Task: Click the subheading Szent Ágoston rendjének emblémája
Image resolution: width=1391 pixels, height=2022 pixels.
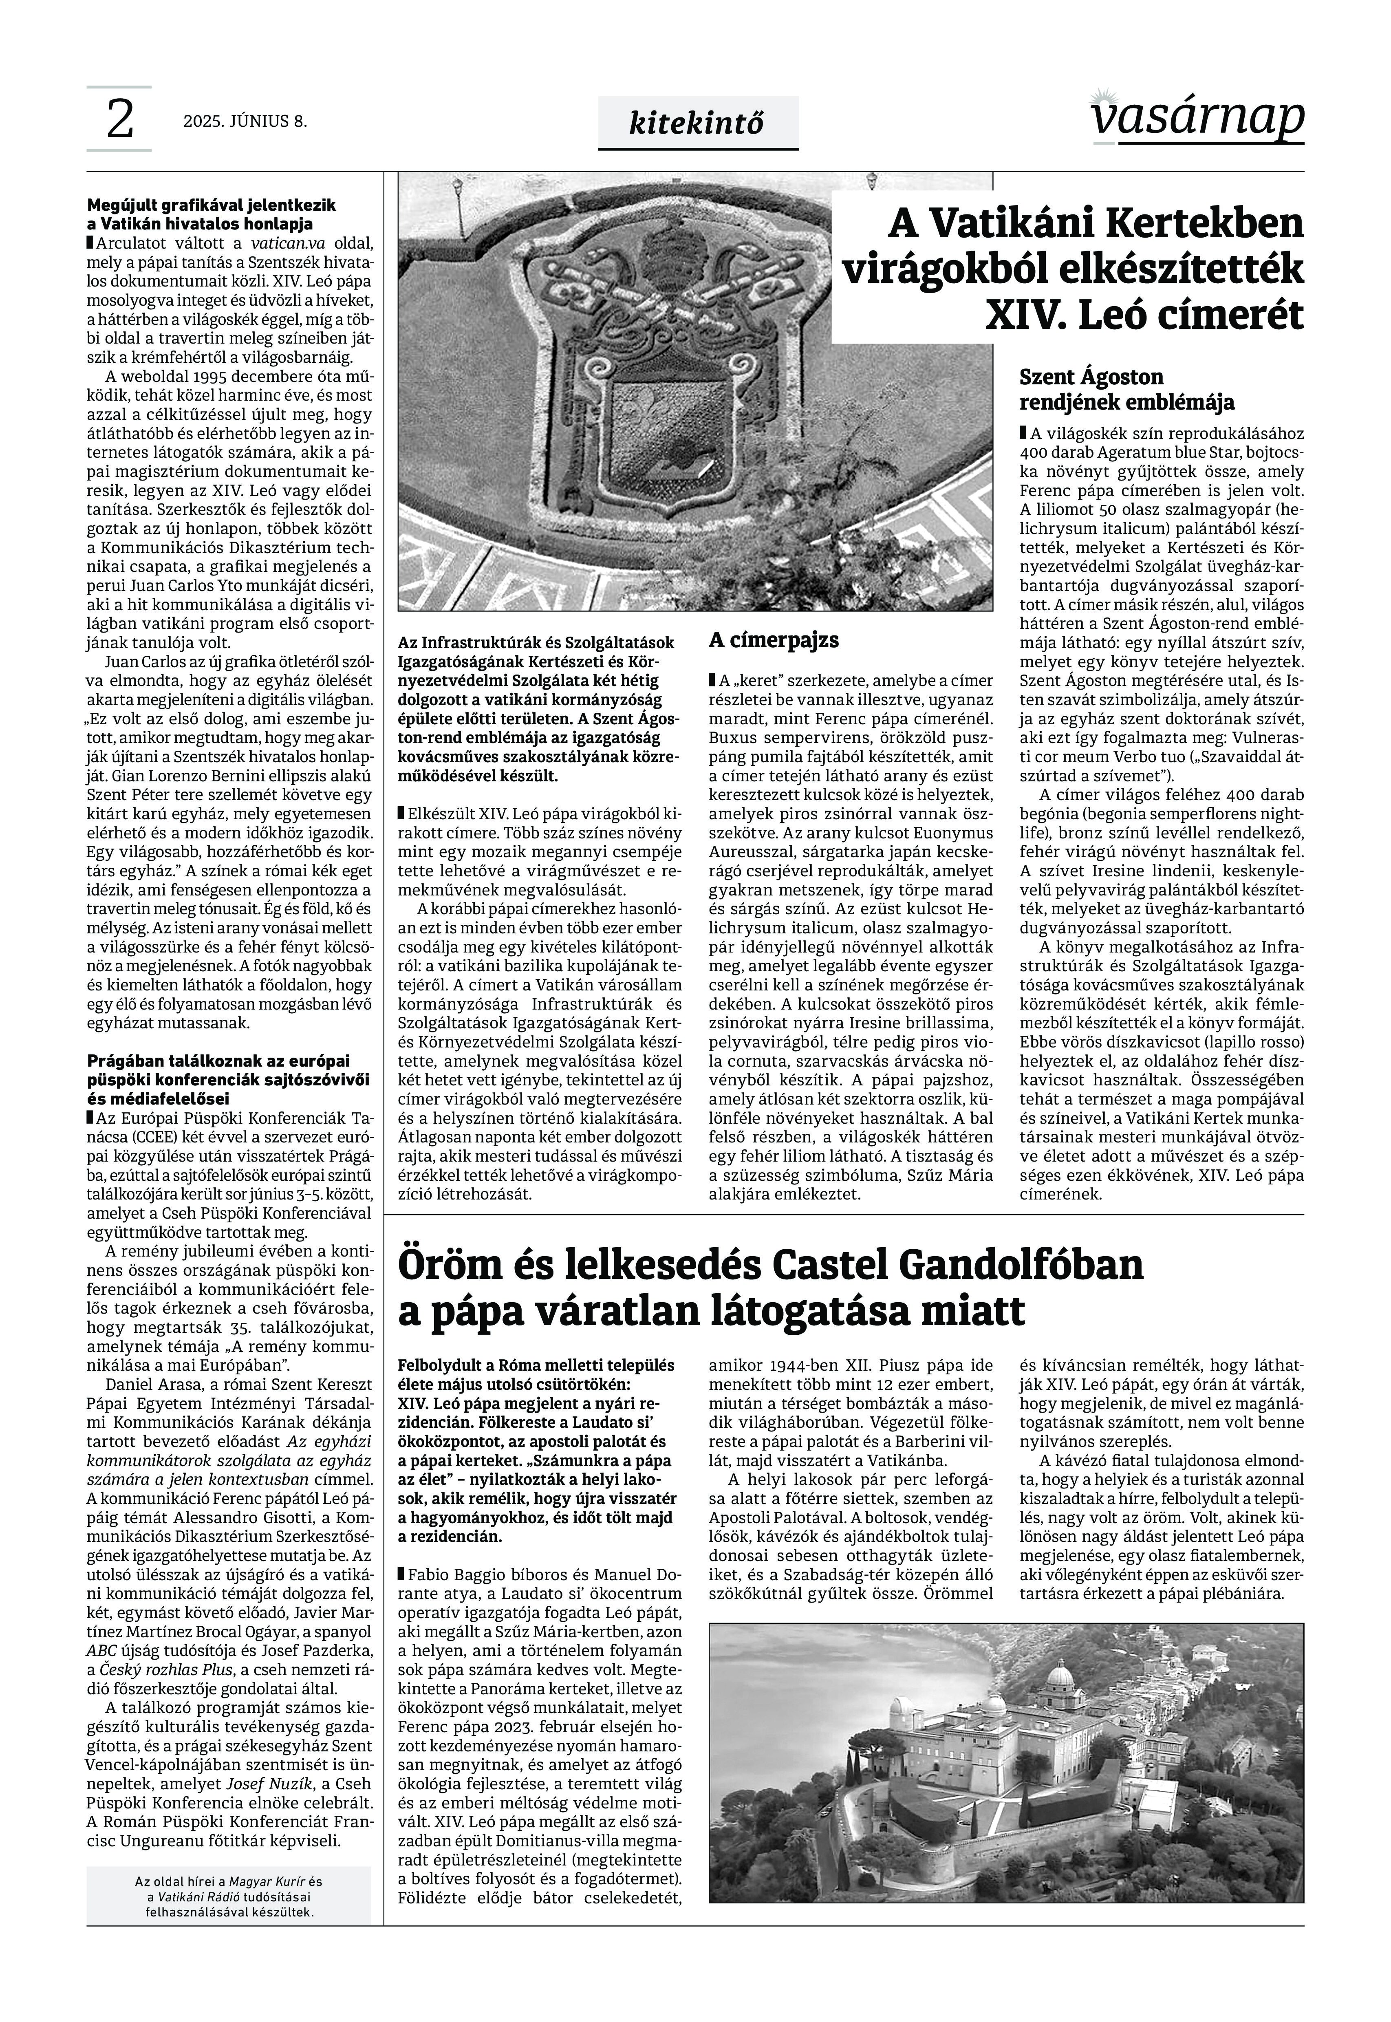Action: [1126, 390]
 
